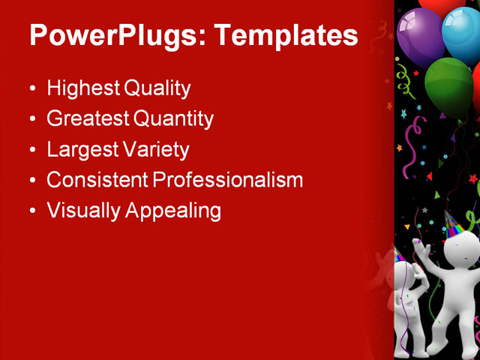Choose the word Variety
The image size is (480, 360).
154,149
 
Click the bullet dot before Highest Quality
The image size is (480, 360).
31,89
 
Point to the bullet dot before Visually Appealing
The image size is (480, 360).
31,211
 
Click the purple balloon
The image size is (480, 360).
420,34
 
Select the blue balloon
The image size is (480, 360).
460,34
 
